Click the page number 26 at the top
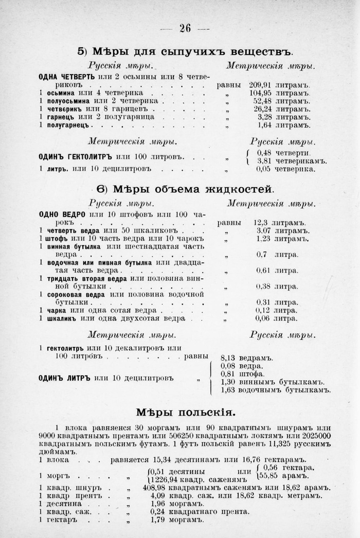coord(185,28)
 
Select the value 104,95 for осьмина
coord(260,93)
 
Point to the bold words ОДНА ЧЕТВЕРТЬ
coord(66,77)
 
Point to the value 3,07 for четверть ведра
coord(263,231)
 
